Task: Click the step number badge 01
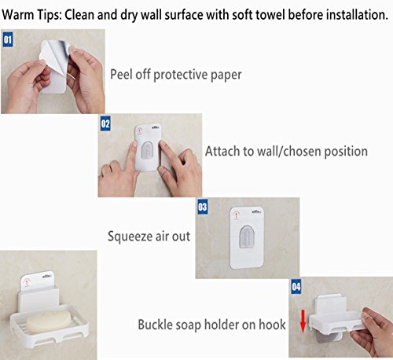click(x=8, y=39)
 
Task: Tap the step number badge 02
click(x=105, y=123)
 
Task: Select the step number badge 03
click(x=203, y=207)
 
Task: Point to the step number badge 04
click(x=296, y=287)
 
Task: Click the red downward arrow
click(x=303, y=321)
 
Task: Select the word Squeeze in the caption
click(x=130, y=237)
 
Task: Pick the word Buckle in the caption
click(x=155, y=325)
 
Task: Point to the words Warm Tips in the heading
click(x=31, y=15)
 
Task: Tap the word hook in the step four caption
click(x=272, y=325)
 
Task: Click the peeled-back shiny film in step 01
click(x=55, y=53)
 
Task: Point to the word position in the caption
click(x=346, y=152)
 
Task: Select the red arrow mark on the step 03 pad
click(x=237, y=215)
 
